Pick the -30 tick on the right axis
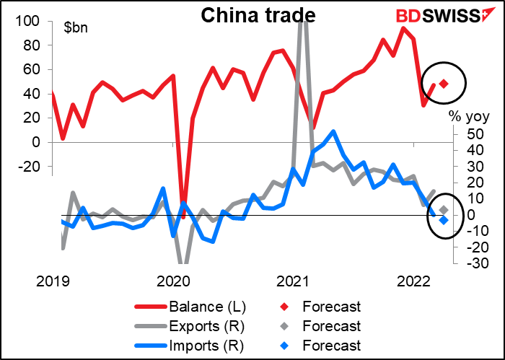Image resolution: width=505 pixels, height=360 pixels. tap(467, 263)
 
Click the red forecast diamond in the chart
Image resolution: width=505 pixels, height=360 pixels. tap(444, 84)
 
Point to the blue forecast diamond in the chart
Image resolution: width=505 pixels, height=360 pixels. tap(444, 220)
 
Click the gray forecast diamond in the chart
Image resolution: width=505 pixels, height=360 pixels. tap(444, 209)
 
